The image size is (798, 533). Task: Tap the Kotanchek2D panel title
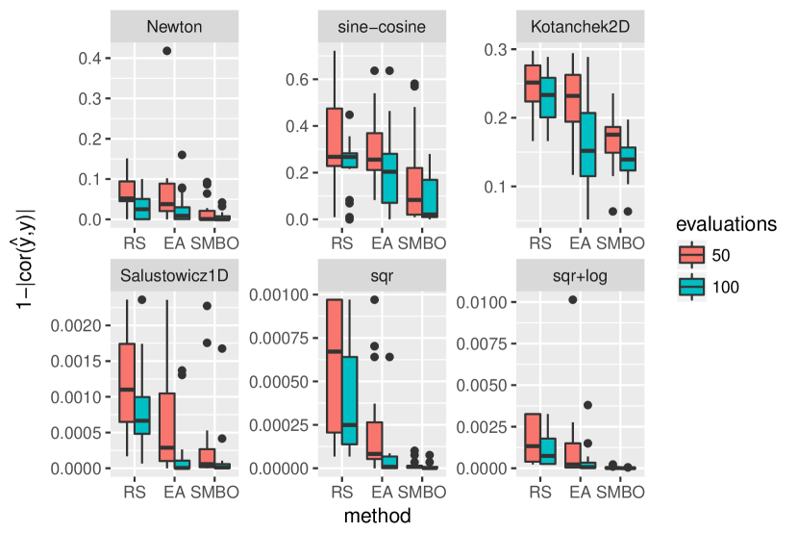579,26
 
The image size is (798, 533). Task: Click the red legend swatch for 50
690,254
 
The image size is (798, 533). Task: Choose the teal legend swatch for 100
690,287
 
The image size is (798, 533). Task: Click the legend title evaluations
723,224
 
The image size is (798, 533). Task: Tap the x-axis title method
378,517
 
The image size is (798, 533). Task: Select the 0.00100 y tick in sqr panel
273,293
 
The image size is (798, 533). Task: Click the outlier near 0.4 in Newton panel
167,51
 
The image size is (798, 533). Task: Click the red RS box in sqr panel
335,366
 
